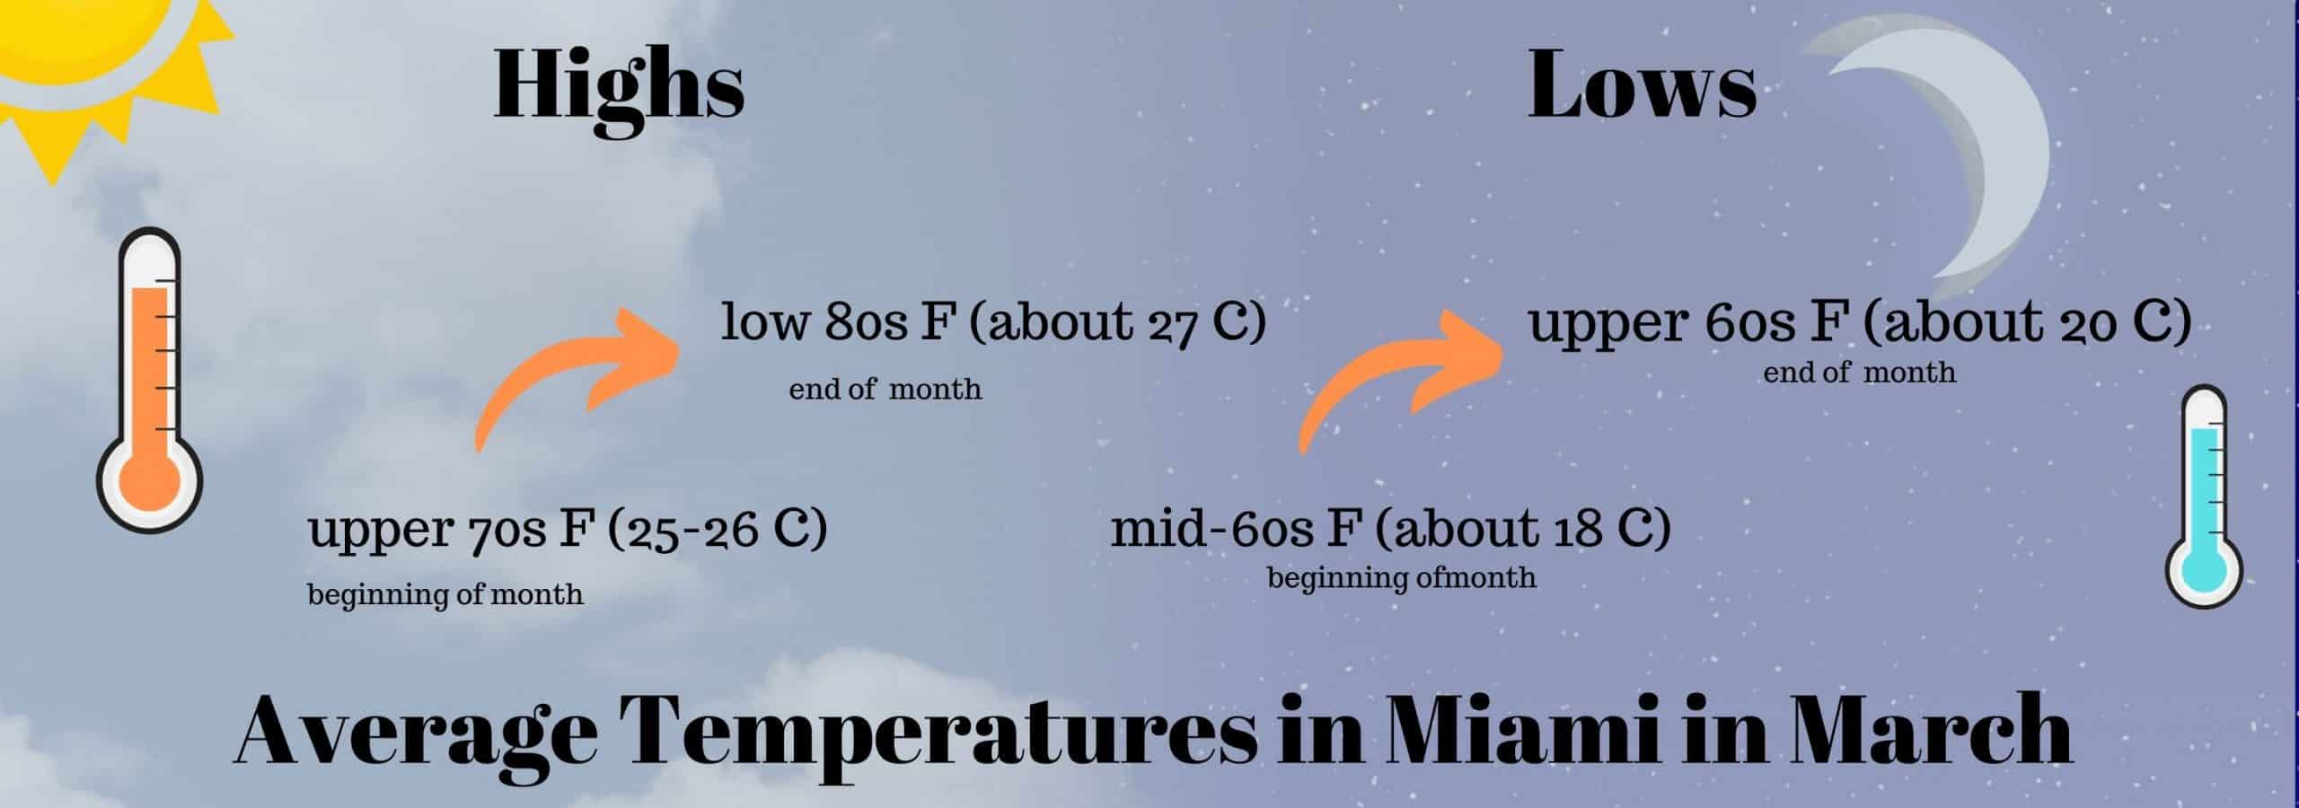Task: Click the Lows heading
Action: pyautogui.click(x=1642, y=84)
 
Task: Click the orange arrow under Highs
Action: pyautogui.click(x=575, y=377)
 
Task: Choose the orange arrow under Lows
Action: pyautogui.click(x=1401, y=377)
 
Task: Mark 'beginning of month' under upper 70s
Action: pyautogui.click(x=445, y=594)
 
